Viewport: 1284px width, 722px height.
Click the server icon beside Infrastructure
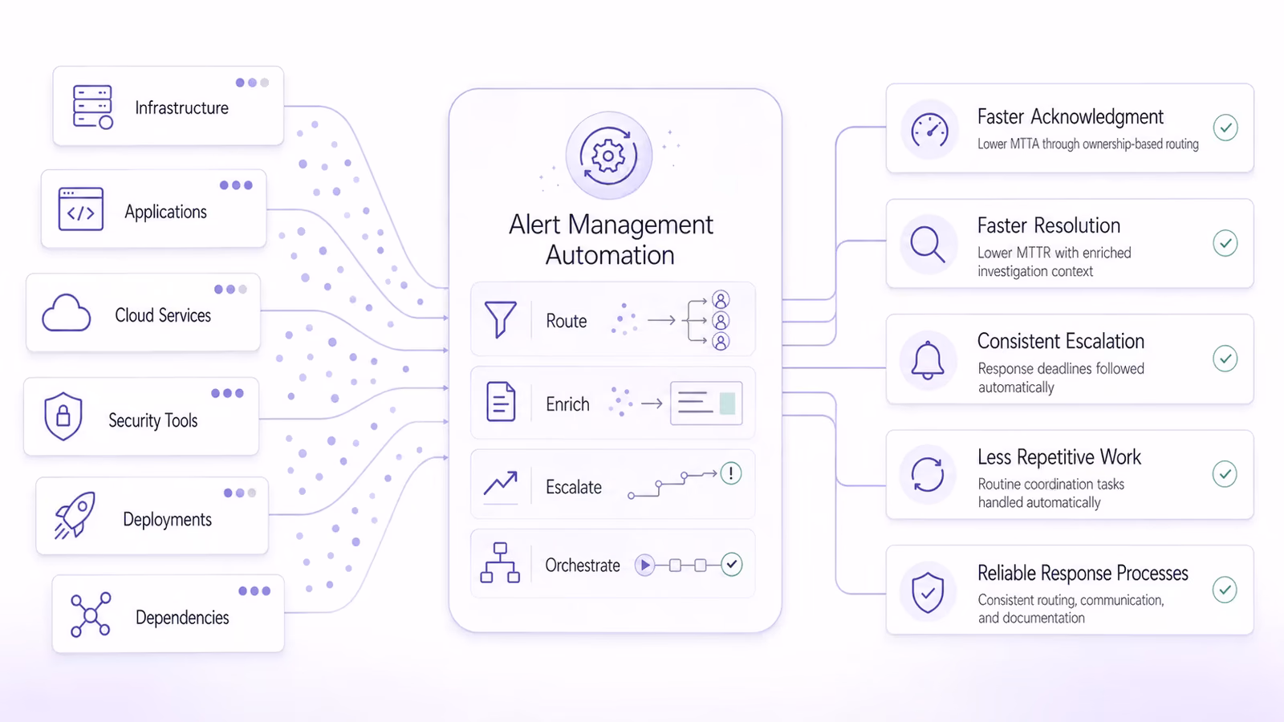(92, 107)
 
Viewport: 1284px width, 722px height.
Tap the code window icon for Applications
(81, 209)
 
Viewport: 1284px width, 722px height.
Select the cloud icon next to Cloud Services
(66, 313)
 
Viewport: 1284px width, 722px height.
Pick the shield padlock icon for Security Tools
(63, 416)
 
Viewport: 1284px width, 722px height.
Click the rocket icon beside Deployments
(75, 515)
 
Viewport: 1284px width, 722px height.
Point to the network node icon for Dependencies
(90, 615)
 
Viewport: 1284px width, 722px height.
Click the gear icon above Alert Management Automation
(608, 156)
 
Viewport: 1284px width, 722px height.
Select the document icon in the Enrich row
(501, 402)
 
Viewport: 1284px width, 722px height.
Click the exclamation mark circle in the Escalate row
(731, 473)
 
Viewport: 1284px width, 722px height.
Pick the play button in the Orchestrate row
(644, 565)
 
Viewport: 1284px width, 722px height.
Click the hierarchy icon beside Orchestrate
(500, 562)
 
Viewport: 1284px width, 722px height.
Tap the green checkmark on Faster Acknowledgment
(1225, 128)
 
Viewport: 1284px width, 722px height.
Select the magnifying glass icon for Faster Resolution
(928, 244)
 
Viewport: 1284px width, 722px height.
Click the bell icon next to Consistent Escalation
(928, 360)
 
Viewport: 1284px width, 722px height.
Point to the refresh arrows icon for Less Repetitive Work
(928, 474)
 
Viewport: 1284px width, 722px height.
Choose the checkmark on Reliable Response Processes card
(1225, 590)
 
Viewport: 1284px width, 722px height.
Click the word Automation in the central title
(610, 255)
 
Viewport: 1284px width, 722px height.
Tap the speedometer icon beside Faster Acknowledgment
(929, 131)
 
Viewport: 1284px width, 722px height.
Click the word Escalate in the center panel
(573, 487)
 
